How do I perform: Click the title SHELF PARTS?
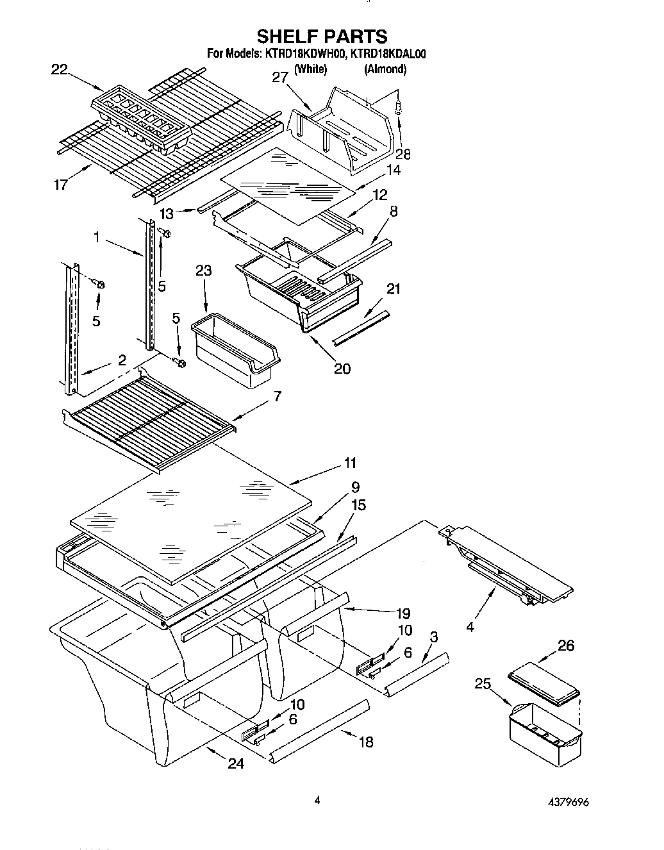coord(322,36)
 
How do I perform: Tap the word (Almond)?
coord(385,69)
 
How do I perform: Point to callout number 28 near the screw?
coord(403,154)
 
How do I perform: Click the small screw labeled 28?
coord(398,109)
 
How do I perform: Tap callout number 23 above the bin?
coord(203,271)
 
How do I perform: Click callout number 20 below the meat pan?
coord(342,369)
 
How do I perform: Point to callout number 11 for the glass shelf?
coord(350,463)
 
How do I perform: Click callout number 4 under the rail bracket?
coord(470,628)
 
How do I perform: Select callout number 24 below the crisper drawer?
coord(236,763)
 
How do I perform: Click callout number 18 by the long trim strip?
coord(366,742)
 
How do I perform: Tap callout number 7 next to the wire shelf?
coord(276,397)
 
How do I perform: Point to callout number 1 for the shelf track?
coord(96,238)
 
